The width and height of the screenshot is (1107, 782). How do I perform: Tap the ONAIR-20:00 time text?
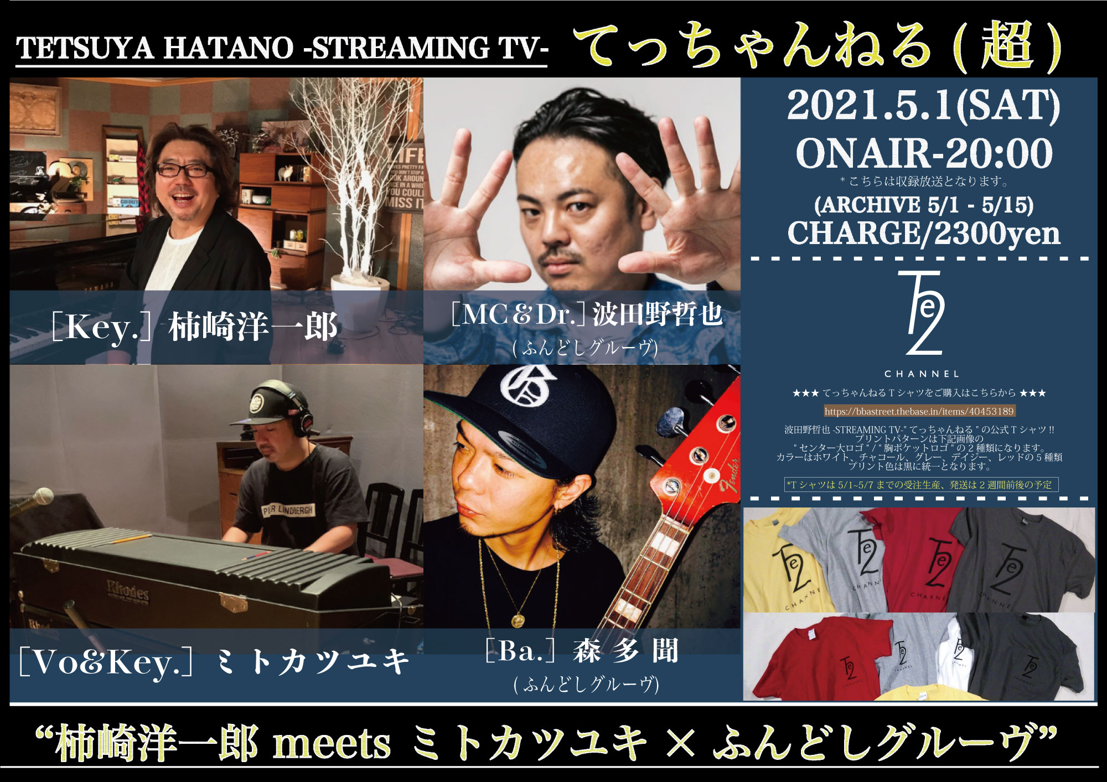[924, 153]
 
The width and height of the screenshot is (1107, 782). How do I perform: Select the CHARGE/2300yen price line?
[924, 233]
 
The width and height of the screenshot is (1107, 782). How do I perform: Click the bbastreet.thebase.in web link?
[919, 411]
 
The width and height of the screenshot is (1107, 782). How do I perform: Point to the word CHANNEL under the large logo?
[922, 374]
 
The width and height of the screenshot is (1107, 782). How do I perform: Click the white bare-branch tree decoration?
[354, 177]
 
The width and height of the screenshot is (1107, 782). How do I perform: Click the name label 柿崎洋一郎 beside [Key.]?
[253, 327]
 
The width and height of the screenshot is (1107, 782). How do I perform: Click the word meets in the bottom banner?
[332, 744]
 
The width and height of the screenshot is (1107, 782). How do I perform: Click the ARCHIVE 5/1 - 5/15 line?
[924, 205]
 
